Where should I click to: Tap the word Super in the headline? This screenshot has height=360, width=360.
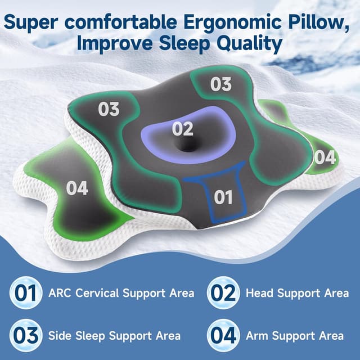pyautogui.click(x=38, y=23)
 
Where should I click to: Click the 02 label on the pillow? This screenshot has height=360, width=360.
pyautogui.click(x=183, y=129)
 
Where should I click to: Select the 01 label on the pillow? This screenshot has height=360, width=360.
pyautogui.click(x=223, y=197)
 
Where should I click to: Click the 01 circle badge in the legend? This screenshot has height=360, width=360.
pyautogui.click(x=25, y=293)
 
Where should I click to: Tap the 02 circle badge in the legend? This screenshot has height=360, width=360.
pyautogui.click(x=222, y=293)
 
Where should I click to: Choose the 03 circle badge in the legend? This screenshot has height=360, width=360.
pyautogui.click(x=25, y=336)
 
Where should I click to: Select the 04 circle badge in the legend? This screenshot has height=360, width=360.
pyautogui.click(x=222, y=336)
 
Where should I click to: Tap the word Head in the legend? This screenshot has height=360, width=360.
pyautogui.click(x=259, y=293)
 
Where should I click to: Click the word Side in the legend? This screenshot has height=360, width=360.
pyautogui.click(x=59, y=336)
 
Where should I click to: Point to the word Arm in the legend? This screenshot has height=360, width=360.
pyautogui.click(x=256, y=336)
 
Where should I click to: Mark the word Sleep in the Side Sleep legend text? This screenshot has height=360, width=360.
pyautogui.click(x=90, y=336)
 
